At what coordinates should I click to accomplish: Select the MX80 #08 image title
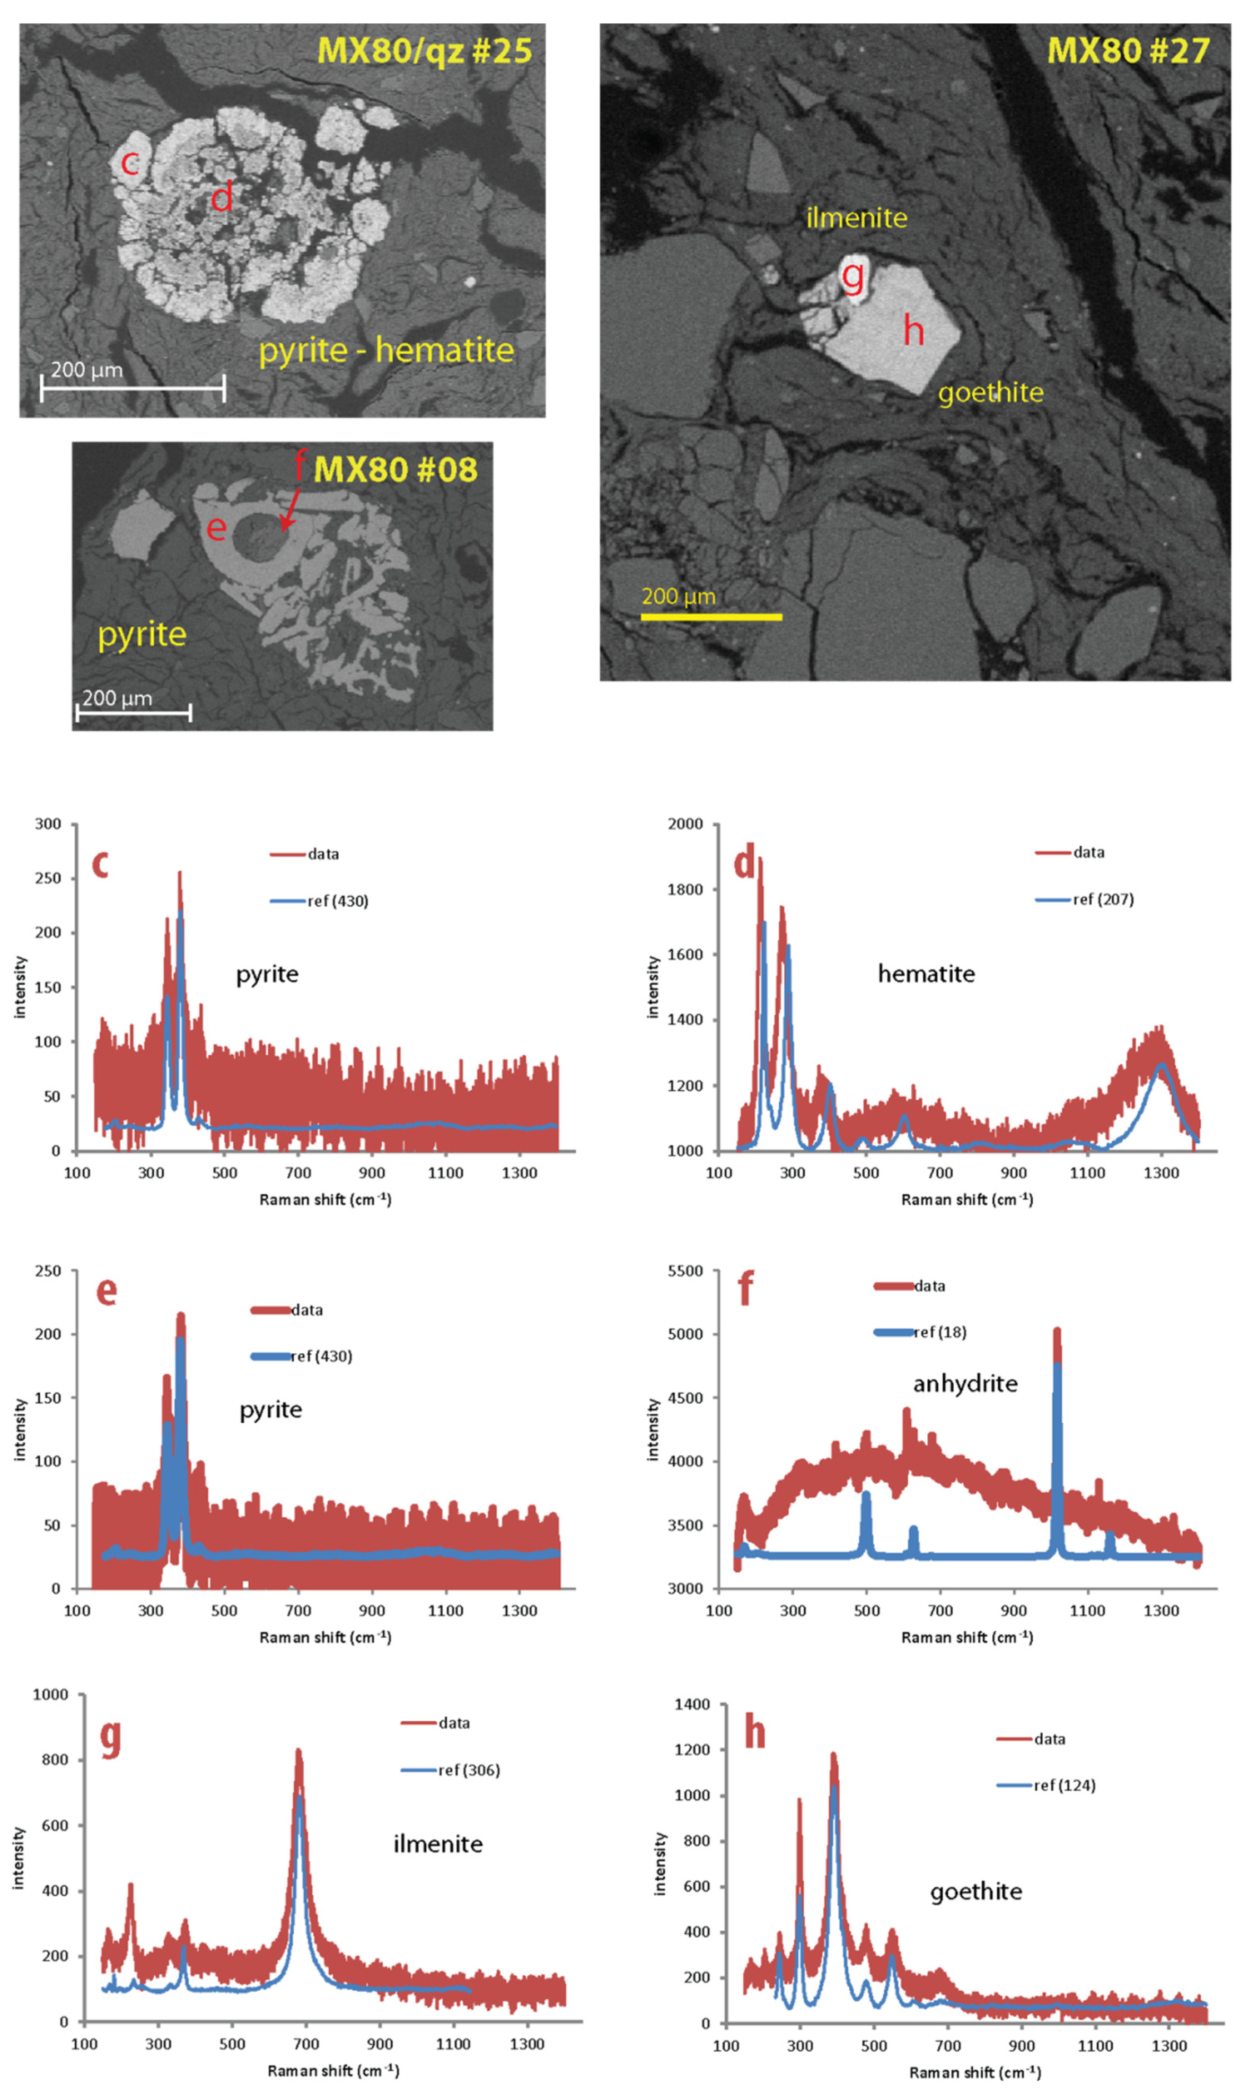(395, 469)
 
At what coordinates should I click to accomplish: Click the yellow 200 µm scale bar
(711, 617)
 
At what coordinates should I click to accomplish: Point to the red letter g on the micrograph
(852, 276)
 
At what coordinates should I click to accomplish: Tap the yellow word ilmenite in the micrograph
(857, 218)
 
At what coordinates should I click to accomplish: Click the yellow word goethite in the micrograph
(991, 392)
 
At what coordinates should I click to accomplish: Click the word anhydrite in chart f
(965, 1383)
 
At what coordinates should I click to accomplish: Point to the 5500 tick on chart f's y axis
(685, 1271)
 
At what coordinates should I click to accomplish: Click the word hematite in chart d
(926, 974)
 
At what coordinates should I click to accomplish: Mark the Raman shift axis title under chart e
(325, 1636)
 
